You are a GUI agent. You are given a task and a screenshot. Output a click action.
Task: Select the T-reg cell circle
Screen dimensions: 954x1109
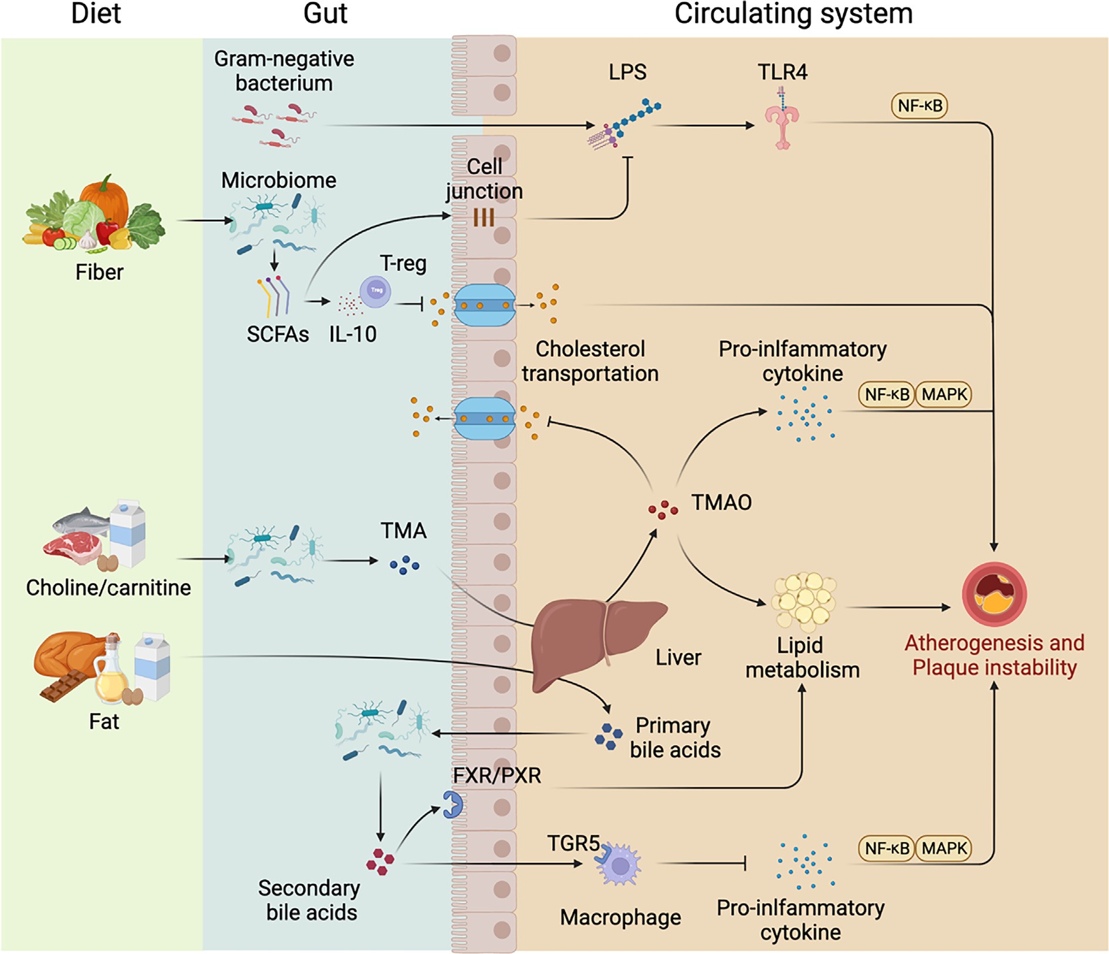[376, 291]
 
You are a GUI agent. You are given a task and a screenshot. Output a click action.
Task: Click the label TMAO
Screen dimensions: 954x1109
[721, 502]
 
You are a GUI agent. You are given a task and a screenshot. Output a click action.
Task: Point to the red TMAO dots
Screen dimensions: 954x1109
[662, 509]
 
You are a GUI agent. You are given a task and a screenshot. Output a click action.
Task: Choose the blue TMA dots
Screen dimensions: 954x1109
[404, 565]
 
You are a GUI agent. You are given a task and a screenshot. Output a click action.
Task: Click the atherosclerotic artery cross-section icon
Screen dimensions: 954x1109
[994, 594]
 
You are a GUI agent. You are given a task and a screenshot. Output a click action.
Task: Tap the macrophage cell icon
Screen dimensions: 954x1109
[619, 864]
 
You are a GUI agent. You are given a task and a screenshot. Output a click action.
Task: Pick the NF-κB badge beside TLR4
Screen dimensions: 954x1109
[919, 106]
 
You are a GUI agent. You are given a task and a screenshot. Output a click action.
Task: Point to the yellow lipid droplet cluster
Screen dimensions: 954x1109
[803, 600]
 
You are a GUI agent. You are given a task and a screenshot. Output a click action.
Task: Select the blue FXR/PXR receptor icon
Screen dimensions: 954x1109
[452, 804]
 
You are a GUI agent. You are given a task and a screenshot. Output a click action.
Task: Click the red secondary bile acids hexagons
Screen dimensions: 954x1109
[380, 861]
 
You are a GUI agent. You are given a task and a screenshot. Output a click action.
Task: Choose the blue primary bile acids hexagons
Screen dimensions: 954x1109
[608, 736]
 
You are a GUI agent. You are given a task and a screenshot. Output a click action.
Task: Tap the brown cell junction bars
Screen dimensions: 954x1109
[484, 218]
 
